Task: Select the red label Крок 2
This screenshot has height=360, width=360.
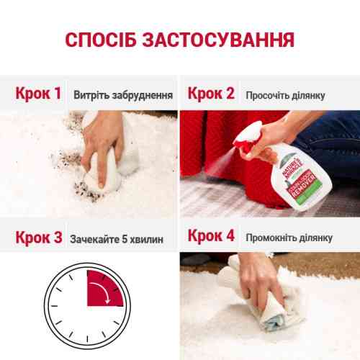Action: click(x=211, y=94)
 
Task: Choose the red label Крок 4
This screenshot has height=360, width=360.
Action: click(x=211, y=237)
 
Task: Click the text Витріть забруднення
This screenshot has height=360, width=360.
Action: click(x=122, y=95)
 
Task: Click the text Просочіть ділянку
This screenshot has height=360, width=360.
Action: click(x=285, y=95)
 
